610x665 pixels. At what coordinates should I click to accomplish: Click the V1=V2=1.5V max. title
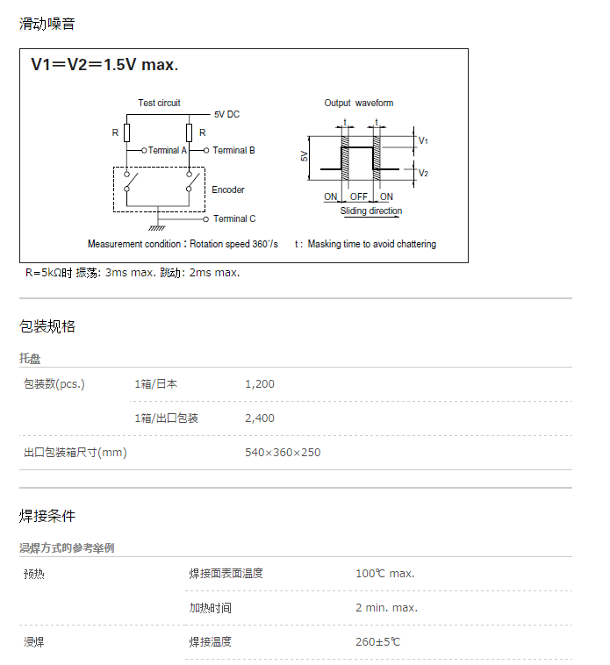(x=104, y=66)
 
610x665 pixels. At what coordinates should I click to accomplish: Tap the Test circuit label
(x=159, y=103)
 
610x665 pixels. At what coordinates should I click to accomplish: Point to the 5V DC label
(x=226, y=115)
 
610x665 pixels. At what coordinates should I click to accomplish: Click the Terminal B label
(x=233, y=150)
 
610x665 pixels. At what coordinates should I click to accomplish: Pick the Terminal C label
(x=234, y=218)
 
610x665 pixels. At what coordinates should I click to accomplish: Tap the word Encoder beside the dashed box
(x=228, y=189)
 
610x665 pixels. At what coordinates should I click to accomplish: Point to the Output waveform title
(x=359, y=103)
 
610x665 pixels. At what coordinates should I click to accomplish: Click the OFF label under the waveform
(x=358, y=197)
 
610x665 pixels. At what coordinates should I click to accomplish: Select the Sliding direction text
(x=371, y=211)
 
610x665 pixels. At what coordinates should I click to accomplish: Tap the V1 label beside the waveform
(x=423, y=140)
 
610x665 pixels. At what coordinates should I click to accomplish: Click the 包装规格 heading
(x=47, y=326)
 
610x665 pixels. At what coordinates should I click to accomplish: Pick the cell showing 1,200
(x=260, y=384)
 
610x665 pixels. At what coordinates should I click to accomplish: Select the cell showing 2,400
(x=260, y=418)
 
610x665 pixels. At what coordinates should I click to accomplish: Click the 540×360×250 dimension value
(x=283, y=453)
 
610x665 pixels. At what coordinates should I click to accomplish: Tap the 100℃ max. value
(x=384, y=574)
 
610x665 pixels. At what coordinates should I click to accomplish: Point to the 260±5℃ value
(x=377, y=642)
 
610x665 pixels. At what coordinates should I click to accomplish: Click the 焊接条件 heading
(x=47, y=516)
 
